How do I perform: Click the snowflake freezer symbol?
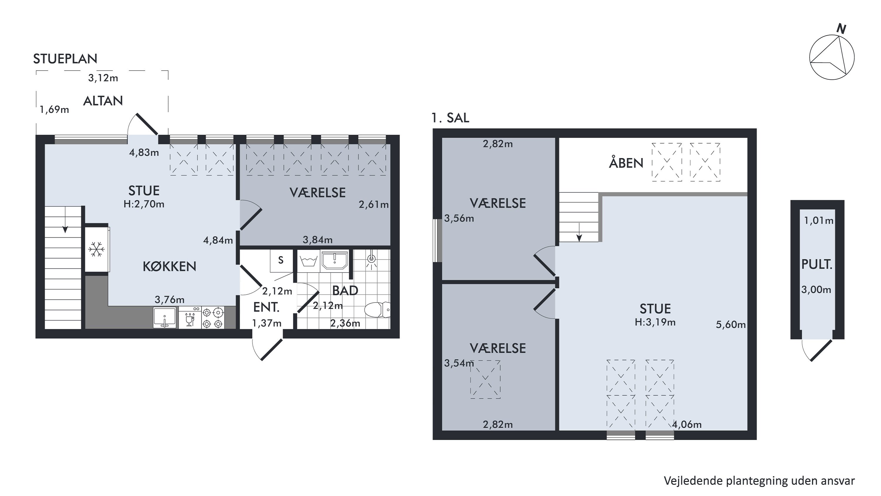click(96, 249)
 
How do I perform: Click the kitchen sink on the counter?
click(165, 317)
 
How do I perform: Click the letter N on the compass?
click(841, 29)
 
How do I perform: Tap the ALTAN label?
click(103, 101)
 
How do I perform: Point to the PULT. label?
click(817, 264)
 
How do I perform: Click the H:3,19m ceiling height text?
click(655, 322)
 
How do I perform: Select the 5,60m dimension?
click(731, 325)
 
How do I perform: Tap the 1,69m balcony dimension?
click(54, 110)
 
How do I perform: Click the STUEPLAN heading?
click(65, 59)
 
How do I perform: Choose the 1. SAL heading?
click(450, 118)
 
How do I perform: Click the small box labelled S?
click(281, 261)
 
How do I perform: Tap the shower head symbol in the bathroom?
click(371, 260)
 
